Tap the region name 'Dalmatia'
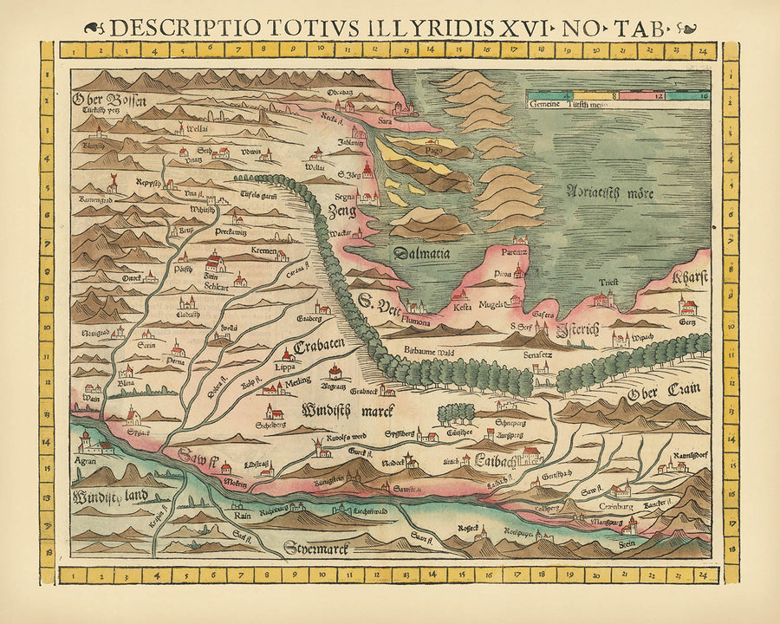[424, 253]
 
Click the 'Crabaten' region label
[320, 346]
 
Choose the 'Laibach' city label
[495, 459]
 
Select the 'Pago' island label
[422, 150]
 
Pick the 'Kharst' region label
[690, 278]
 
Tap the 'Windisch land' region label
[110, 497]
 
